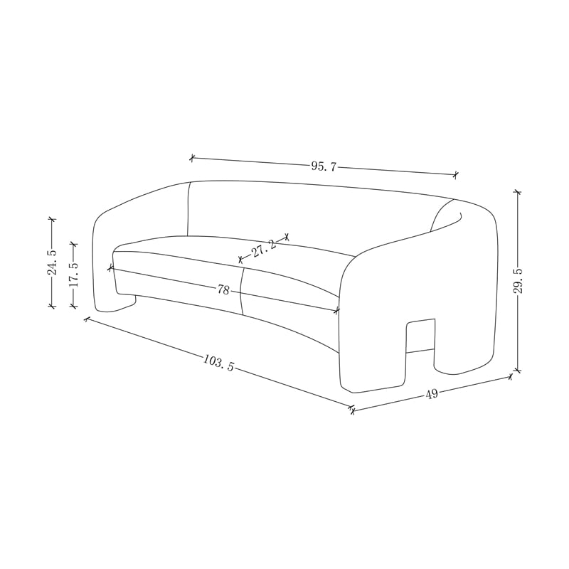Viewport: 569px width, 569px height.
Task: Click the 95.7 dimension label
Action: [x=324, y=166]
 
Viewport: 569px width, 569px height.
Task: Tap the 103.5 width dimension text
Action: [x=218, y=363]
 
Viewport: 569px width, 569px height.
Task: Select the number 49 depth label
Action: [x=432, y=394]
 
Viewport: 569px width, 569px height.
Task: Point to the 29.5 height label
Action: [x=519, y=281]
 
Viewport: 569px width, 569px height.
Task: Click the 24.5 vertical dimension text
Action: [x=52, y=262]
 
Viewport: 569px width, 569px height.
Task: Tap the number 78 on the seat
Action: [x=223, y=290]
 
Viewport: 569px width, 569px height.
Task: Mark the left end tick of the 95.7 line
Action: [x=192, y=158]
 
